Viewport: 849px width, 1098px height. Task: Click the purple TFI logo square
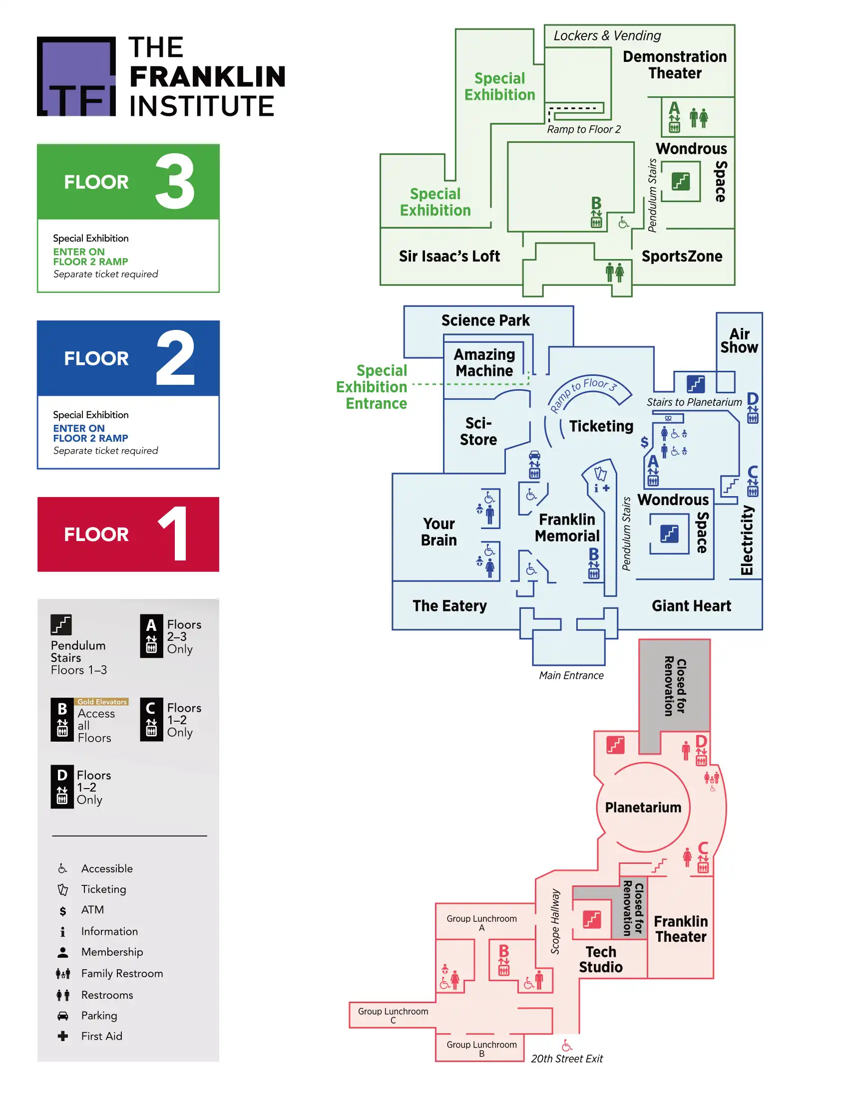pos(76,76)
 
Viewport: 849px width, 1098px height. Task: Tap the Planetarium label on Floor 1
pos(643,808)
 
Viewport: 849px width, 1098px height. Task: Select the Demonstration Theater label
pos(675,65)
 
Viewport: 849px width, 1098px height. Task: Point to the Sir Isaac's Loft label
pos(449,257)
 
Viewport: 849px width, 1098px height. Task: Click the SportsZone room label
pos(682,257)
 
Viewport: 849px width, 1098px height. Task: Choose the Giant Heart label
pos(691,606)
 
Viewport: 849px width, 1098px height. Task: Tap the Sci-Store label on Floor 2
pos(478,431)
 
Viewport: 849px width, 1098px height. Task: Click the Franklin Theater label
pos(681,929)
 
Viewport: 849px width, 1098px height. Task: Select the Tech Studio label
pos(600,959)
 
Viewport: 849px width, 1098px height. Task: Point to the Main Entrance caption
pos(571,675)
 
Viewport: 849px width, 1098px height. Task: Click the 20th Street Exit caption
pos(567,1058)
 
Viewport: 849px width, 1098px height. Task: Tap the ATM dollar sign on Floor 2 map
pos(644,442)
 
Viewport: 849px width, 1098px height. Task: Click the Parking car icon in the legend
pos(63,1016)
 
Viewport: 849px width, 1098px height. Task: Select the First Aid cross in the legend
pos(63,1036)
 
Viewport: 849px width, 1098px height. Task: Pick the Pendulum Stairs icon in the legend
pos(61,625)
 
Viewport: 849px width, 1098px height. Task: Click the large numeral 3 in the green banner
pos(174,182)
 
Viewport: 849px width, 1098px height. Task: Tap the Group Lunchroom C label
pos(393,1016)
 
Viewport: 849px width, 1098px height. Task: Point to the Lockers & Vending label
pos(607,36)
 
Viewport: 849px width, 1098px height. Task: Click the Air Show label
pos(739,341)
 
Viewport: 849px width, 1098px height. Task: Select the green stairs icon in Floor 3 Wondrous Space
pos(681,181)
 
